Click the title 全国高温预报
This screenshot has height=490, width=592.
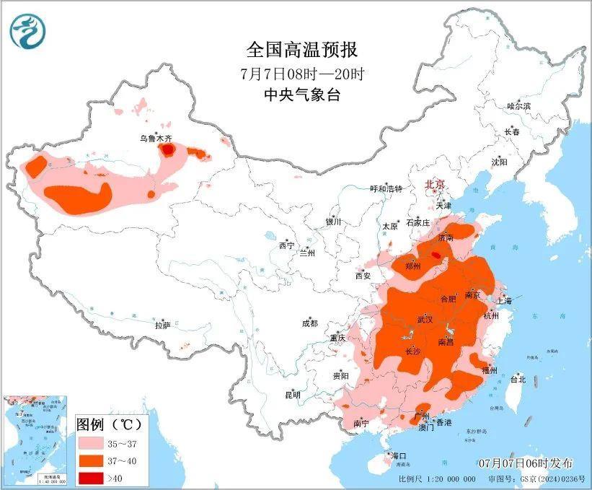tap(301, 50)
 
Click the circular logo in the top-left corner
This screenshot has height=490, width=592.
tap(27, 30)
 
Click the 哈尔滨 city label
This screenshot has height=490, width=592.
tap(518, 106)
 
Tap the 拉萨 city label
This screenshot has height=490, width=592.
tap(162, 325)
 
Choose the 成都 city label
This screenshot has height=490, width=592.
tap(310, 323)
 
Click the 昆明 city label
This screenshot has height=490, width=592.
tap(292, 395)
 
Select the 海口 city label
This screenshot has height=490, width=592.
tap(399, 455)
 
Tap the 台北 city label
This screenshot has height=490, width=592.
tap(518, 379)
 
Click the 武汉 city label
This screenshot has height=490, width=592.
tap(425, 318)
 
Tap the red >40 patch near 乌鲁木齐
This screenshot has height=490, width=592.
tap(167, 149)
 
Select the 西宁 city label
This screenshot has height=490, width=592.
tap(286, 245)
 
